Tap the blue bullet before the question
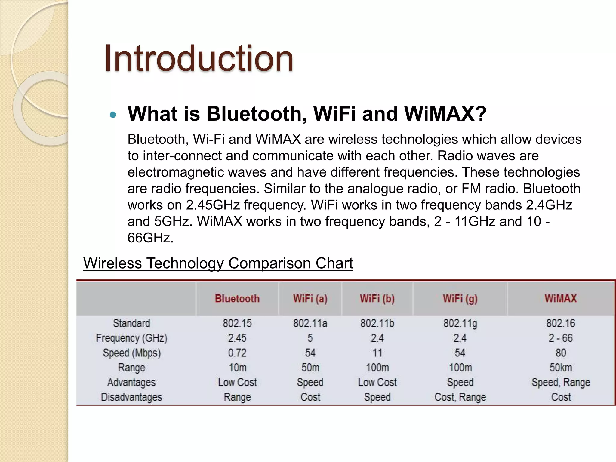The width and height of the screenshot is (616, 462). tap(113, 115)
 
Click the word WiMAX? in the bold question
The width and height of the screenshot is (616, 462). tap(445, 114)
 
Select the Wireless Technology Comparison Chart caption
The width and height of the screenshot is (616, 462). tap(218, 263)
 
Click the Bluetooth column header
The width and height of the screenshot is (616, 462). tap(237, 299)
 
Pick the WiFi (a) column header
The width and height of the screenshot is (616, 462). tap(310, 299)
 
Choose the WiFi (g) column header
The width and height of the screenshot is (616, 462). tap(460, 299)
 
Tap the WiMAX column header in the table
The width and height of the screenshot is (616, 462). tap(561, 299)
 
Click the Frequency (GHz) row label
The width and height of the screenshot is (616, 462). tap(131, 338)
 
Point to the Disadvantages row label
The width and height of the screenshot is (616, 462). tap(131, 397)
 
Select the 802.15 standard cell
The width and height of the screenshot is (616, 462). tap(237, 323)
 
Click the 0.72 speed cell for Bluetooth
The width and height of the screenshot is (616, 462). tap(237, 353)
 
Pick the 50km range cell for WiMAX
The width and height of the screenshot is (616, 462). tap(561, 368)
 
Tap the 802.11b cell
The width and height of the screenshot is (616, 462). tap(377, 323)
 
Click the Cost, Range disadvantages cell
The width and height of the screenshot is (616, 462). tap(460, 397)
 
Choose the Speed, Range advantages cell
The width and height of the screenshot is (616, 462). tap(561, 382)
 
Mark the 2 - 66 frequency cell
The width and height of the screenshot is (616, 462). tap(561, 338)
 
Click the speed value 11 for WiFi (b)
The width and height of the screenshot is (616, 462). tap(377, 353)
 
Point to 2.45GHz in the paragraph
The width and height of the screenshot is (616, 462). tap(213, 205)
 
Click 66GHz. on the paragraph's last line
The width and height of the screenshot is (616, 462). tap(150, 238)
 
